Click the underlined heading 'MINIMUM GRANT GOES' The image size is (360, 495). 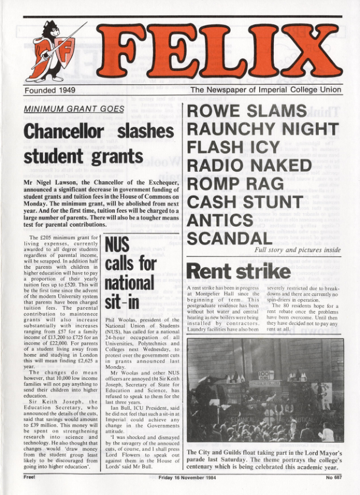tap(74, 109)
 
